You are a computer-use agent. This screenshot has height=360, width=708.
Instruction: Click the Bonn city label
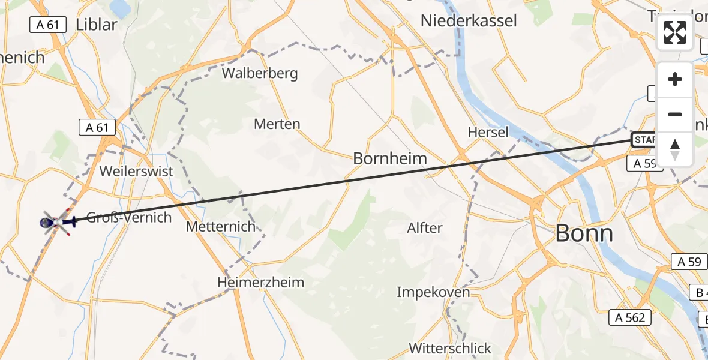(584, 233)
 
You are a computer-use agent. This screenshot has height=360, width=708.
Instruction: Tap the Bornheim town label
(390, 158)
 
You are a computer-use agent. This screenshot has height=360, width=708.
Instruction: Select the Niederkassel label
(469, 20)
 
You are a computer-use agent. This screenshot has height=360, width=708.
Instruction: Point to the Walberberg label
(260, 74)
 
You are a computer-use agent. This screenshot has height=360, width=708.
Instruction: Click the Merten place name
(277, 124)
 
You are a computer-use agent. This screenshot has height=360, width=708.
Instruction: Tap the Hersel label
(488, 132)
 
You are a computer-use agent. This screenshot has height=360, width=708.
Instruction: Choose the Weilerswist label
(136, 171)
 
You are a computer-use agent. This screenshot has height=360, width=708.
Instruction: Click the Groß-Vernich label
(129, 217)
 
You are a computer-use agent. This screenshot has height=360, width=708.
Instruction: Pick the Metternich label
(221, 227)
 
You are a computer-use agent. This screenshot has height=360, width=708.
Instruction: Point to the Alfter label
(424, 228)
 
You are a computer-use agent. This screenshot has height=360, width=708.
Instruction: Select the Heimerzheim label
(261, 282)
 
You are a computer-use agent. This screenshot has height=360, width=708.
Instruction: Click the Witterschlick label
(450, 348)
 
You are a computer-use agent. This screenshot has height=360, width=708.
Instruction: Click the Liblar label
(96, 25)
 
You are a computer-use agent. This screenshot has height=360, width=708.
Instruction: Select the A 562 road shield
(630, 317)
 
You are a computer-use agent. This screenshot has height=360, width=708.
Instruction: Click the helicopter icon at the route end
(56, 223)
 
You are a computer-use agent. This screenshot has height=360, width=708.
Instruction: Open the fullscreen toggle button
(675, 32)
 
